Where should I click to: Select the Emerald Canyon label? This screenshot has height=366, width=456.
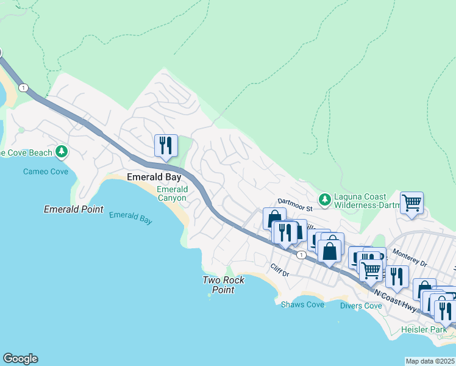[173, 193]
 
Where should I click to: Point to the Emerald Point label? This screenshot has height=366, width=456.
[73, 209]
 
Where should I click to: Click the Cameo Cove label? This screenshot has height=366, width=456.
[46, 171]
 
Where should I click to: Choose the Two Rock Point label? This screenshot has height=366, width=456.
[224, 285]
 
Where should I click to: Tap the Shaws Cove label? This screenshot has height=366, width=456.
[302, 304]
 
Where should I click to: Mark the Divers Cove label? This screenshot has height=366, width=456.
[360, 306]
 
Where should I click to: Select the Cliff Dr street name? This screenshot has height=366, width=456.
[280, 270]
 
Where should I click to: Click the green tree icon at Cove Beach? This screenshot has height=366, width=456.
[61, 151]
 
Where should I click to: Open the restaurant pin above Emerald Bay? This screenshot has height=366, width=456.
[166, 145]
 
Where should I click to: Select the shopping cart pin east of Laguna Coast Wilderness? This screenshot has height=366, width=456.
[412, 203]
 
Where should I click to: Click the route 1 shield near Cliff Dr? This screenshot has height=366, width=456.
[301, 254]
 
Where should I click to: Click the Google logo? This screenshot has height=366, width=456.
[20, 359]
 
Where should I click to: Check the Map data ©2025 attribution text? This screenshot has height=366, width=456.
[430, 361]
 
